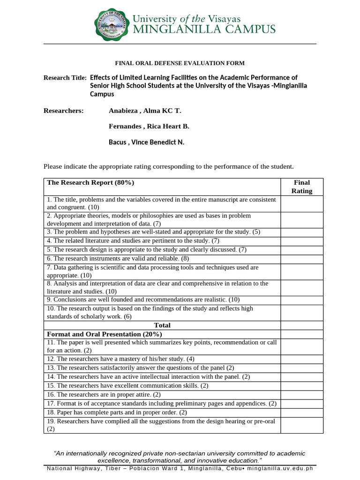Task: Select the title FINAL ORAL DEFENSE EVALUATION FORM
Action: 180,63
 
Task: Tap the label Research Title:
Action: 65,77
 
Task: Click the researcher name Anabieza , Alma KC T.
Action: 144,111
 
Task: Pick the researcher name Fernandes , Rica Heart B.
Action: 149,127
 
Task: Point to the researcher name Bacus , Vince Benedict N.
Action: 146,142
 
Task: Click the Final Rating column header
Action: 301,187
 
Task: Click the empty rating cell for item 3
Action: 301,232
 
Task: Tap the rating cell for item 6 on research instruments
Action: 301,259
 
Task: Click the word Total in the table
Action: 162,325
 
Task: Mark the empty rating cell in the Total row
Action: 301,325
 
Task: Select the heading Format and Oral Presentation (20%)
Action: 105,334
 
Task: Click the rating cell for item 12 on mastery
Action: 301,359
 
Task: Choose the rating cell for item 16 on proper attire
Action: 301,395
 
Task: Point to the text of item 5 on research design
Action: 147,250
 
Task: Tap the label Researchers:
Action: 63,111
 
